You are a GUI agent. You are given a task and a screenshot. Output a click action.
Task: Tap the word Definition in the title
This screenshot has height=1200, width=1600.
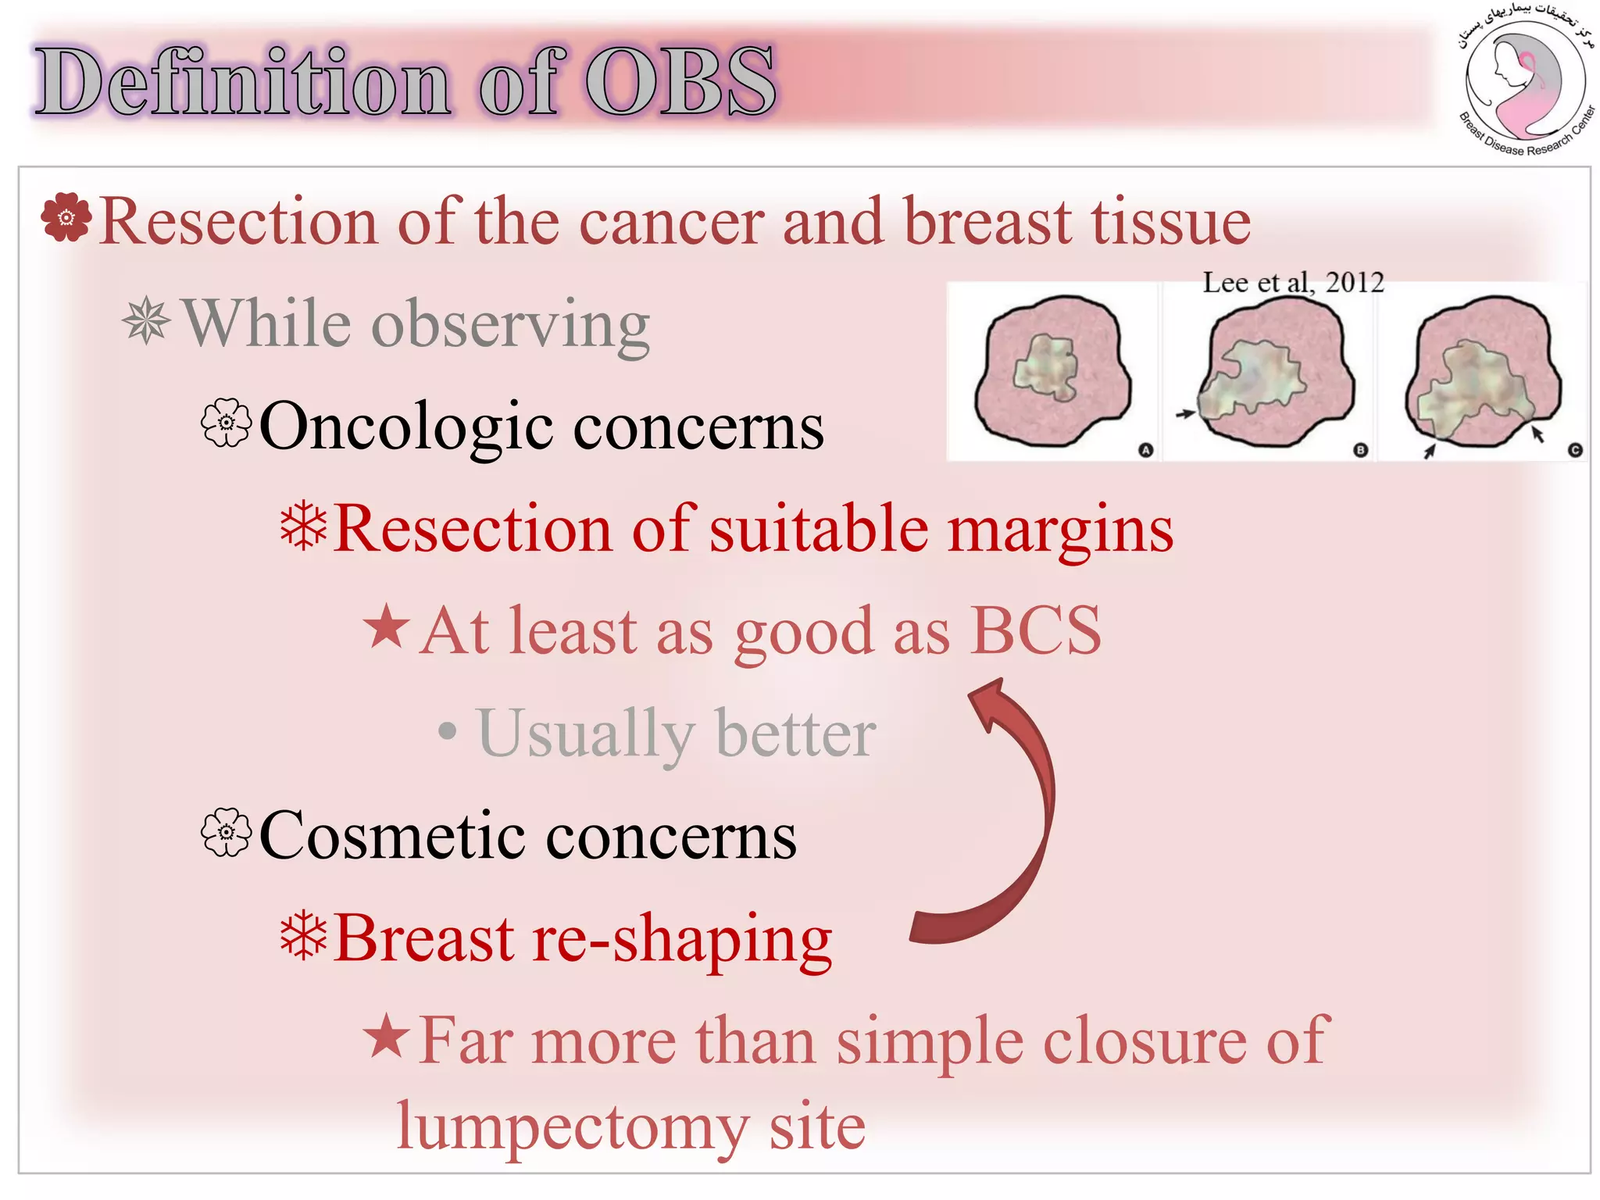click(243, 81)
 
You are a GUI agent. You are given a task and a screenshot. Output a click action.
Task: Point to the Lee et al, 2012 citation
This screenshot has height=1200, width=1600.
click(1293, 282)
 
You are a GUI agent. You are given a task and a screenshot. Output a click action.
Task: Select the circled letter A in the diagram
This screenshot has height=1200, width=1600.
click(1145, 450)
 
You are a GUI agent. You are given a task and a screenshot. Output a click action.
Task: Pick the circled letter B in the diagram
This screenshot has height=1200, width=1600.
click(1360, 450)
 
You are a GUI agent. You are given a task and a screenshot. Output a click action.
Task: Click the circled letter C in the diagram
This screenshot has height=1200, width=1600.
click(1575, 450)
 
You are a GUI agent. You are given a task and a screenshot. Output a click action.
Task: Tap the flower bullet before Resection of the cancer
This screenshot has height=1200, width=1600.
click(66, 216)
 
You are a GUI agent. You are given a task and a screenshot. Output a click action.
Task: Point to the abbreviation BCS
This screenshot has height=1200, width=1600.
click(1036, 630)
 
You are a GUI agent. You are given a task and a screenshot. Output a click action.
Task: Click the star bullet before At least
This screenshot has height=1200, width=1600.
click(387, 627)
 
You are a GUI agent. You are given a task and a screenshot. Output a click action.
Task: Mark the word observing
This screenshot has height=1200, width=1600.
click(511, 326)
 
